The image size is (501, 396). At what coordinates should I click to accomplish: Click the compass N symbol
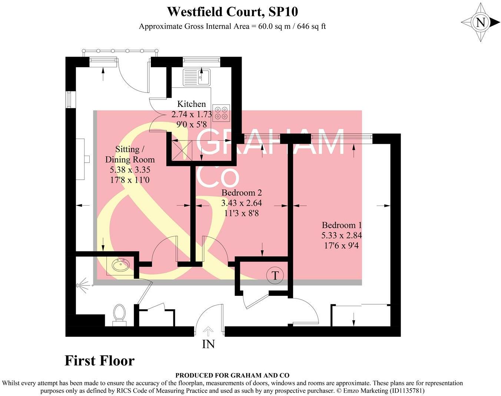(x=481, y=23)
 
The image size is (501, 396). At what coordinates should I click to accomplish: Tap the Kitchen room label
(x=191, y=104)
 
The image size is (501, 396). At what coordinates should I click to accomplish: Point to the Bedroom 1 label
(x=342, y=225)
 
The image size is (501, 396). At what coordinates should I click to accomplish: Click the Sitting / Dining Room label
(x=130, y=155)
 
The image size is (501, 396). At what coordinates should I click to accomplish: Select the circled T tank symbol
(x=275, y=275)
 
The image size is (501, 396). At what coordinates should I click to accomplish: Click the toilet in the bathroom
(x=119, y=314)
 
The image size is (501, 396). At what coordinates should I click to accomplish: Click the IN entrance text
(x=208, y=344)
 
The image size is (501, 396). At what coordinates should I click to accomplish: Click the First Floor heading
(x=99, y=361)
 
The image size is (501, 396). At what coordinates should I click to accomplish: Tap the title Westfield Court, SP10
(x=232, y=12)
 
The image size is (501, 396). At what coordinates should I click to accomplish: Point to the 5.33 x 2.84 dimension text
(x=342, y=235)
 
